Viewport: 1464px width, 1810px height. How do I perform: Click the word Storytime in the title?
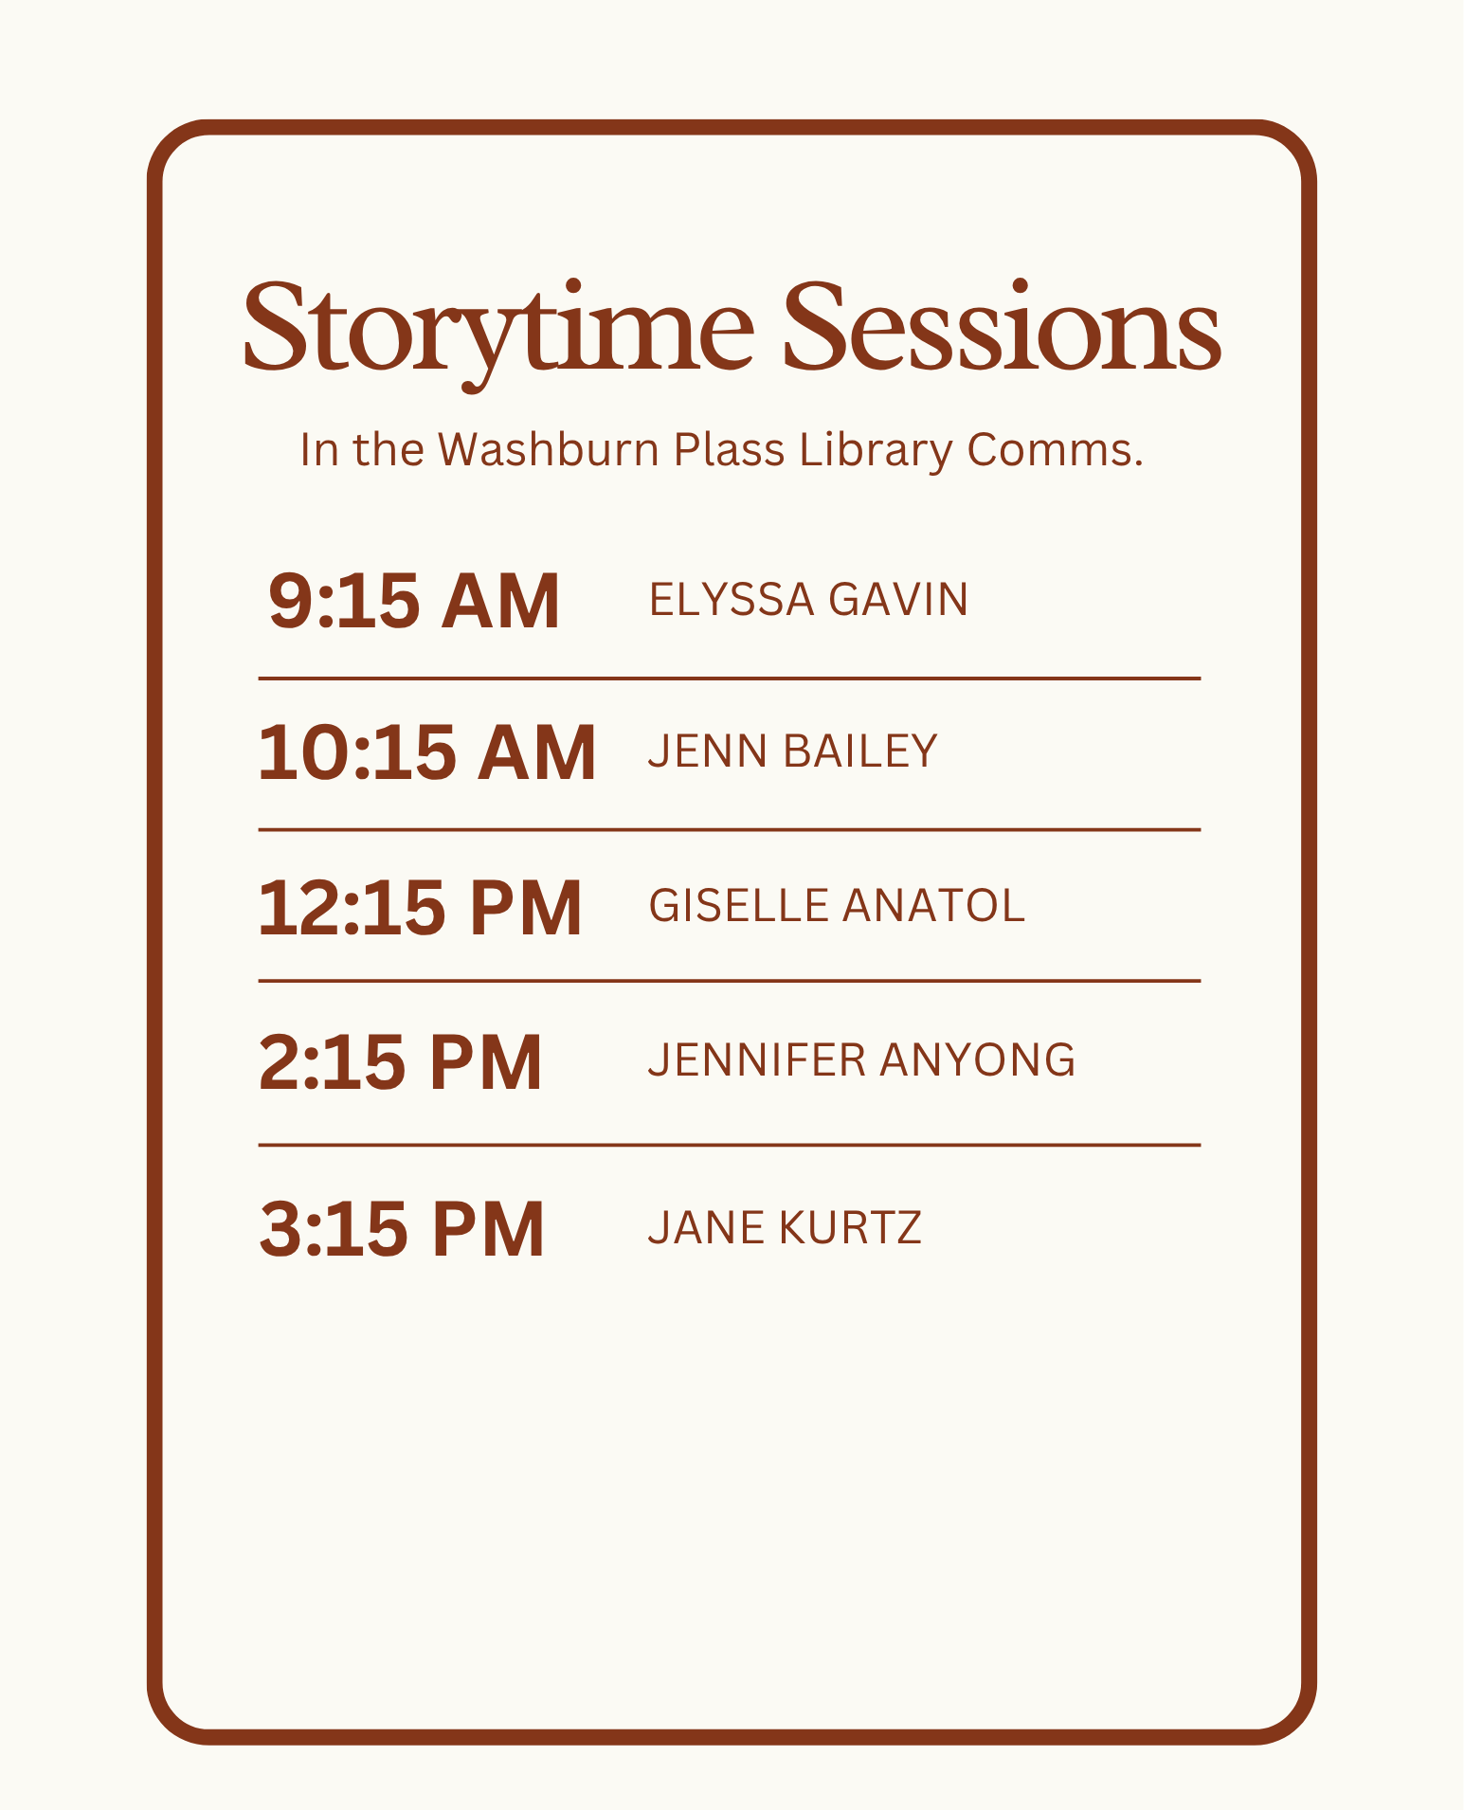click(x=499, y=332)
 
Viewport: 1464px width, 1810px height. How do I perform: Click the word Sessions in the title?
click(x=1003, y=325)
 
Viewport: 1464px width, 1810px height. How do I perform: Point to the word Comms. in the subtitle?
click(x=1056, y=450)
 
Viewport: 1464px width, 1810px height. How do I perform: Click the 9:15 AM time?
click(x=415, y=601)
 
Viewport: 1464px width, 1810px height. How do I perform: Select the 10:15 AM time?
click(x=427, y=752)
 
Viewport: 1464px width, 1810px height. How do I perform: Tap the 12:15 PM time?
click(x=420, y=908)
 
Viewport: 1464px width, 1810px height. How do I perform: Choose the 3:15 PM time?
click(x=402, y=1229)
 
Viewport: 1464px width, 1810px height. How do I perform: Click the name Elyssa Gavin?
click(x=809, y=600)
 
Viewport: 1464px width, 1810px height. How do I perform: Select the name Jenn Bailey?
click(x=793, y=751)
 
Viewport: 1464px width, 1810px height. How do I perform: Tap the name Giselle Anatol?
click(x=837, y=905)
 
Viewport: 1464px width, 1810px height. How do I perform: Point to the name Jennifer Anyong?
click(x=862, y=1059)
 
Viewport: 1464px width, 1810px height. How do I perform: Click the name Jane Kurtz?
click(x=785, y=1227)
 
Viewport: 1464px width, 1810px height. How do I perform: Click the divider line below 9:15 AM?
click(x=730, y=679)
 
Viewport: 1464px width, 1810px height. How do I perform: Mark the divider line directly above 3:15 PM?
click(x=730, y=1145)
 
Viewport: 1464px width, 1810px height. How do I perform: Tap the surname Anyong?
click(x=978, y=1059)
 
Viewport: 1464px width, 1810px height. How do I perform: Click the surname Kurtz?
click(x=850, y=1227)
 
